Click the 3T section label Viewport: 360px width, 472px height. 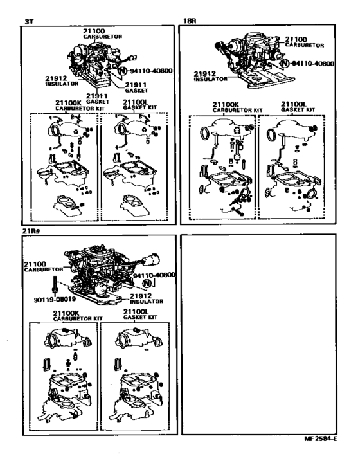pyautogui.click(x=28, y=21)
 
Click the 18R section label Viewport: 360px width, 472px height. pyautogui.click(x=190, y=21)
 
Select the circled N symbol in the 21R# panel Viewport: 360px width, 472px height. pyautogui.click(x=147, y=284)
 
